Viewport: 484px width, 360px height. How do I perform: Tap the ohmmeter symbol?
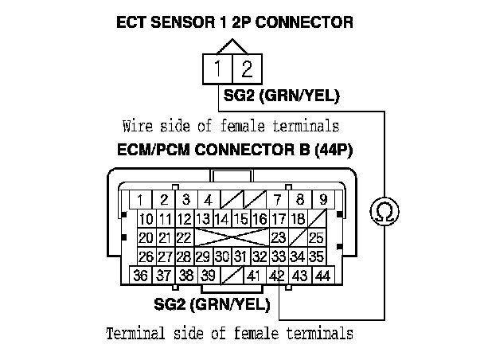384,212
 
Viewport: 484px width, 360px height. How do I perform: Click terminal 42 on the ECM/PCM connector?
277,276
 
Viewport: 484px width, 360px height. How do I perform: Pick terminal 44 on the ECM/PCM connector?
322,276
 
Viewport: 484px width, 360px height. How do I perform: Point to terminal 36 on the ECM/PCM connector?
142,276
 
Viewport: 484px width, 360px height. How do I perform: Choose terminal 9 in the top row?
322,199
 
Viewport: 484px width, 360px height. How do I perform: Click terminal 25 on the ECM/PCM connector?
316,237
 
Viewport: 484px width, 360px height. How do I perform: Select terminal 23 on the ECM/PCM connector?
278,237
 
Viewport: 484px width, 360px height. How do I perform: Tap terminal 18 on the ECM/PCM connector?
298,218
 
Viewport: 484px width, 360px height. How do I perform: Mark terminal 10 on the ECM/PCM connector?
146,219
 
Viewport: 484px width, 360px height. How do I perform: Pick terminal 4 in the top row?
207,199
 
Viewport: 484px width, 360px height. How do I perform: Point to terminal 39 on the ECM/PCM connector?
209,276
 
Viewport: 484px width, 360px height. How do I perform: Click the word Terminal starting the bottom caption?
132,333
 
